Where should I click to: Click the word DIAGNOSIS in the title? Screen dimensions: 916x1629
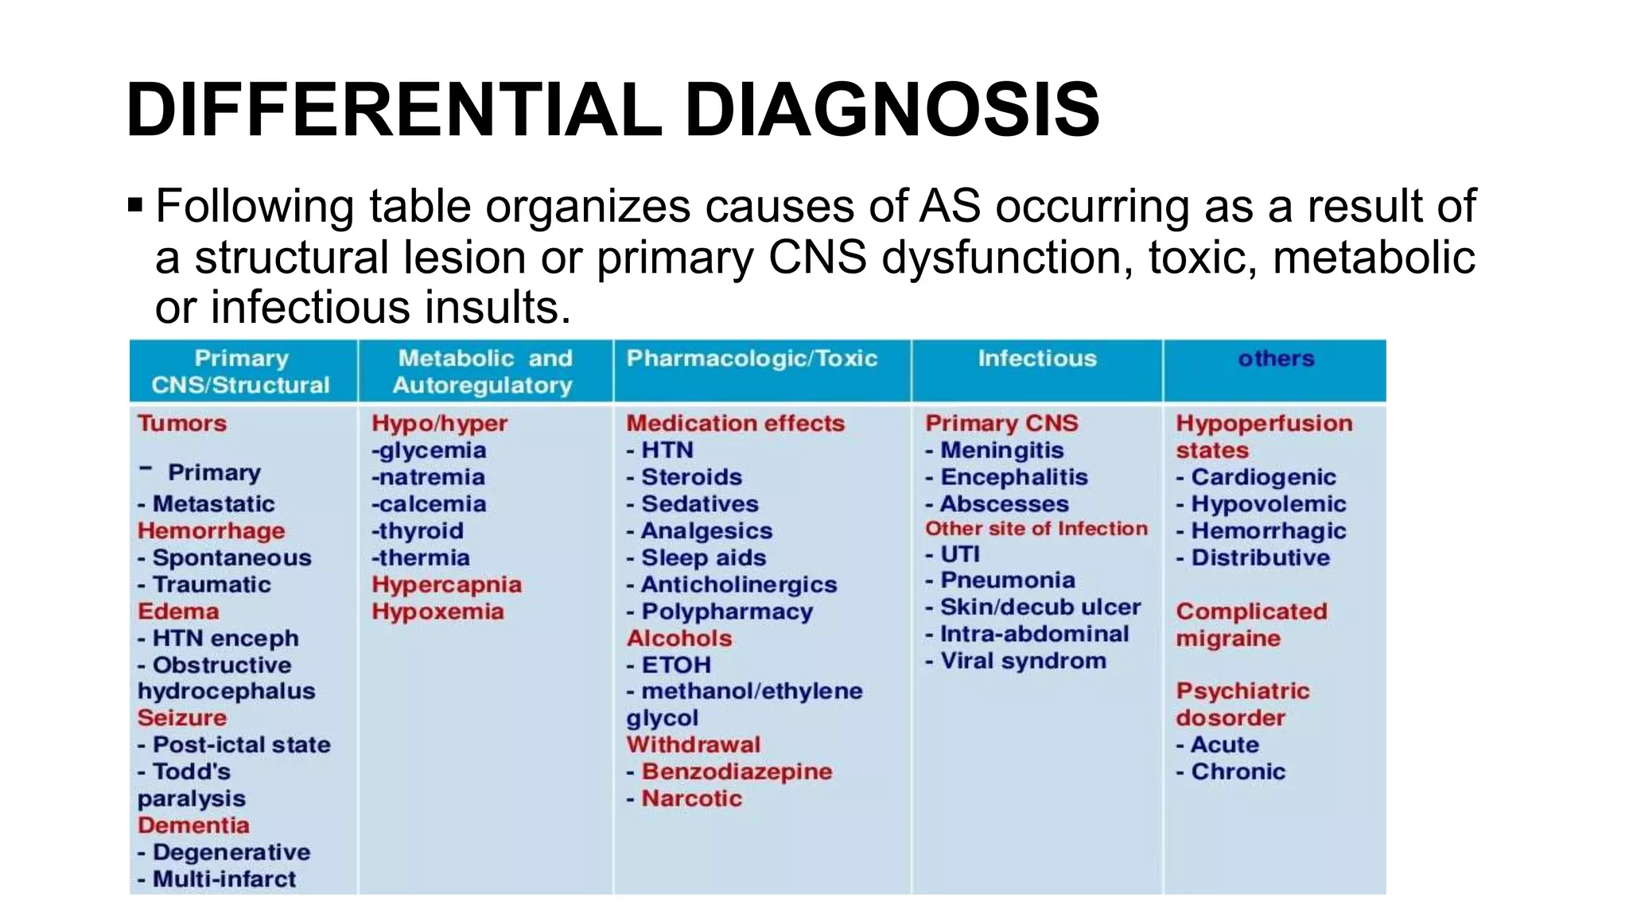pyautogui.click(x=892, y=110)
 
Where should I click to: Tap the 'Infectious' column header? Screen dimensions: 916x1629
pyautogui.click(x=1037, y=359)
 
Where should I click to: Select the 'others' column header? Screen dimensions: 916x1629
pyautogui.click(x=1276, y=359)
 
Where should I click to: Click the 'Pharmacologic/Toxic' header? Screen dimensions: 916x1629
pyautogui.click(x=752, y=359)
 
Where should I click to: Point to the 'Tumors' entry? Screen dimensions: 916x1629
pyautogui.click(x=182, y=423)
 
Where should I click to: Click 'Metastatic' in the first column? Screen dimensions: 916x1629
pyautogui.click(x=213, y=504)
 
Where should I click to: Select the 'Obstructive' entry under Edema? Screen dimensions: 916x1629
pyautogui.click(x=222, y=665)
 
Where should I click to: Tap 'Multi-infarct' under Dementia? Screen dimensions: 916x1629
pyautogui.click(x=224, y=879)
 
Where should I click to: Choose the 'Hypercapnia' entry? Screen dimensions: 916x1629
pyautogui.click(x=446, y=584)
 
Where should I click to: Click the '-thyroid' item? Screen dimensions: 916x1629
pyautogui.click(x=418, y=531)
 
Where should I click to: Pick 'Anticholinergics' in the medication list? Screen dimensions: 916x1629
pyautogui.click(x=739, y=584)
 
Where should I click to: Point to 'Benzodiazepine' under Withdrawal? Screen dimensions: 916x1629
pyautogui.click(x=737, y=772)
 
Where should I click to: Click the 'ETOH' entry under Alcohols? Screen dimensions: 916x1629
pyautogui.click(x=676, y=665)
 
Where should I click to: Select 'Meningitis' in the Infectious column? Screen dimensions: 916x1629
pyautogui.click(x=1002, y=450)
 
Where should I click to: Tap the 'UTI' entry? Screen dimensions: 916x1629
pyautogui.click(x=960, y=554)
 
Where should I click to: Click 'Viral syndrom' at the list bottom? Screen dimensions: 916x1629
pyautogui.click(x=1023, y=661)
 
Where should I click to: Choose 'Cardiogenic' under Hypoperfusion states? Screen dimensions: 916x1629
pyautogui.click(x=1263, y=477)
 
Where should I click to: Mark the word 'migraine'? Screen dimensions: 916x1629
pyautogui.click(x=1228, y=638)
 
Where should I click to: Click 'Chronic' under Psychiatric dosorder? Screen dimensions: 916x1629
pyautogui.click(x=1238, y=772)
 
